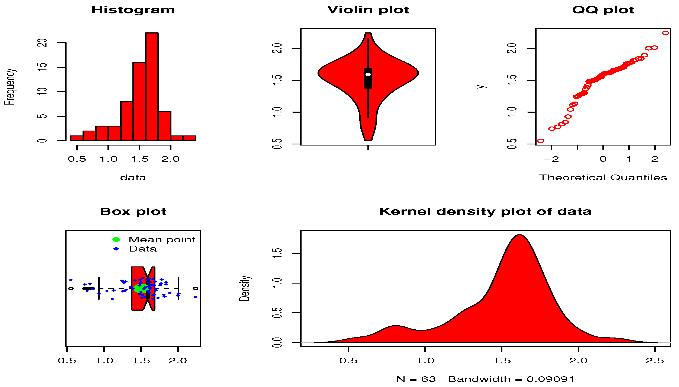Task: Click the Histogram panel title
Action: point(133,10)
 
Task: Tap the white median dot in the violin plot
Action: point(368,74)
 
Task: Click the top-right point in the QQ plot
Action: point(665,33)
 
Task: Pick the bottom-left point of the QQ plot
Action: point(541,141)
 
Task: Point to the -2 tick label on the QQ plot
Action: point(551,159)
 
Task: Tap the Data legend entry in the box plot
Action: point(143,249)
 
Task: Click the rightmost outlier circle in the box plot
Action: point(196,288)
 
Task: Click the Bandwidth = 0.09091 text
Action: point(511,379)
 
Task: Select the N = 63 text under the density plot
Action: point(416,379)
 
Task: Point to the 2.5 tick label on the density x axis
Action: point(654,361)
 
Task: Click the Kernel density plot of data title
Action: point(485,212)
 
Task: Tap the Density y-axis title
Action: point(245,288)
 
